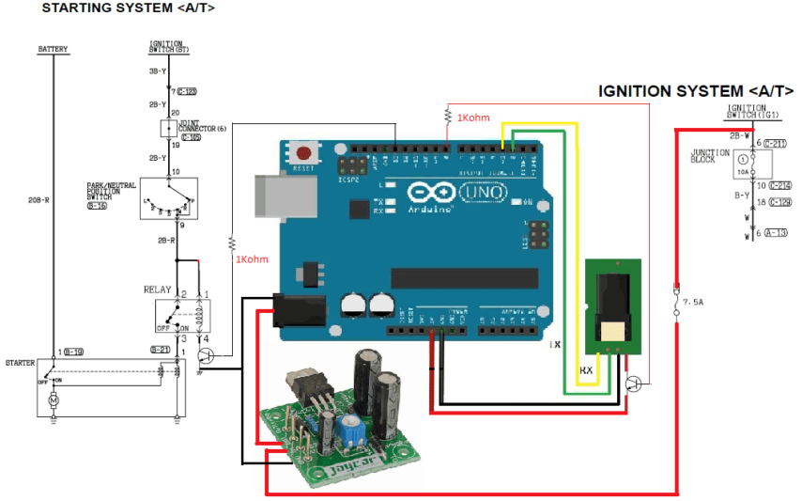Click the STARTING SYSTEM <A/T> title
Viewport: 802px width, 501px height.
pyautogui.click(x=128, y=8)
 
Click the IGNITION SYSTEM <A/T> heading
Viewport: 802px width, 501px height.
pyautogui.click(x=696, y=91)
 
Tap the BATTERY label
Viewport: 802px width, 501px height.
pyautogui.click(x=53, y=49)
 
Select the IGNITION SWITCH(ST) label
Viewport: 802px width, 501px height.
pyautogui.click(x=165, y=47)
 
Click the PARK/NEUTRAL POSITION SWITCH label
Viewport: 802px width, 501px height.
pyautogui.click(x=106, y=193)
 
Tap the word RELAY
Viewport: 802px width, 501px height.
pyautogui.click(x=157, y=290)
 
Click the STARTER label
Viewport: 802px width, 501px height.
pyautogui.click(x=20, y=361)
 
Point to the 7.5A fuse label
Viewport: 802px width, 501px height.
pyautogui.click(x=693, y=302)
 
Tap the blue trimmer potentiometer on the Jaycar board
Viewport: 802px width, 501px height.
pyautogui.click(x=355, y=431)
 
